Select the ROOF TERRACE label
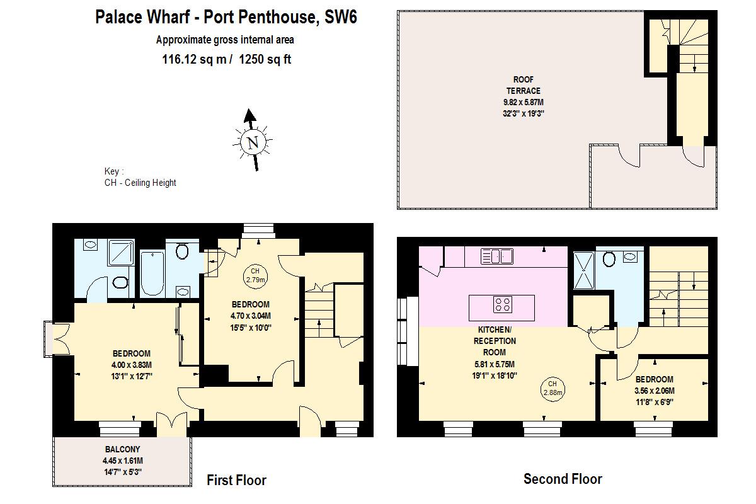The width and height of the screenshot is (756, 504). pos(523,85)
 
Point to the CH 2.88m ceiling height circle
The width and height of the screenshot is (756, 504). pos(552,388)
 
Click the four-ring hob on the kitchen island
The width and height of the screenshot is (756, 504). pos(502,305)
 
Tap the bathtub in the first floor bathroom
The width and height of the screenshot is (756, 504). pos(152,274)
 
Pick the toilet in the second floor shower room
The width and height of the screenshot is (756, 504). pos(609,259)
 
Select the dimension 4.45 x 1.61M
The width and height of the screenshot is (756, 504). pos(122,461)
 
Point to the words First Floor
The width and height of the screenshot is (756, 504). pos(236,481)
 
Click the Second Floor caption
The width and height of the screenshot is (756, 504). pos(563,479)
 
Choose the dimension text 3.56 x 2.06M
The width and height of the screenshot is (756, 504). pos(654,391)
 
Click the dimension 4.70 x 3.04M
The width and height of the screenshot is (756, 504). pos(250,316)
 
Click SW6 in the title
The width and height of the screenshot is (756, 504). pos(340,17)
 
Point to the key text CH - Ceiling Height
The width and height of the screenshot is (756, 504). pos(140,183)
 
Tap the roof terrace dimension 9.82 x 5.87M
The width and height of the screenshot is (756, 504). pos(523,102)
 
